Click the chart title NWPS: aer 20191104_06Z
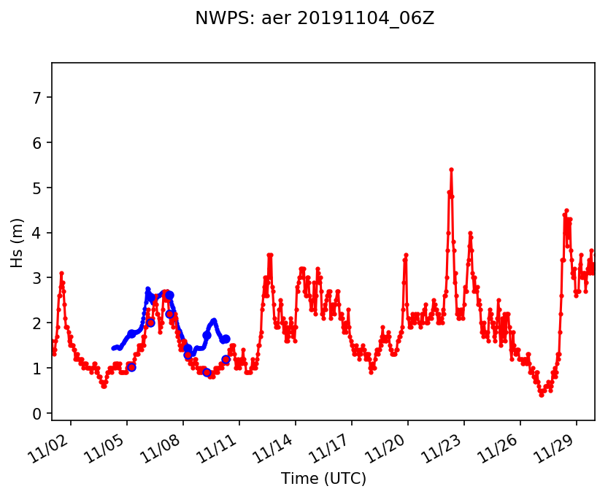pyautogui.click(x=315, y=19)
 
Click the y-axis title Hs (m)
pyautogui.click(x=18, y=242)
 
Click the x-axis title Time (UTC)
pyautogui.click(x=323, y=479)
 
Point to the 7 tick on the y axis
pyautogui.click(x=39, y=98)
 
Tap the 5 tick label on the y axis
pyautogui.click(x=39, y=188)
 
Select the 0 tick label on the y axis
pyautogui.click(x=39, y=414)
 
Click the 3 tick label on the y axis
pyautogui.click(x=39, y=279)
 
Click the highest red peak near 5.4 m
pyautogui.click(x=451, y=170)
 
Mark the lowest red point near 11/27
pyautogui.click(x=542, y=395)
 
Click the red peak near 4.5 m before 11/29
pyautogui.click(x=566, y=211)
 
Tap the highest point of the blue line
pyautogui.click(x=147, y=290)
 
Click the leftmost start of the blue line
pyautogui.click(x=113, y=349)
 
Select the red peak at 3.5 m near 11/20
pyautogui.click(x=406, y=255)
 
